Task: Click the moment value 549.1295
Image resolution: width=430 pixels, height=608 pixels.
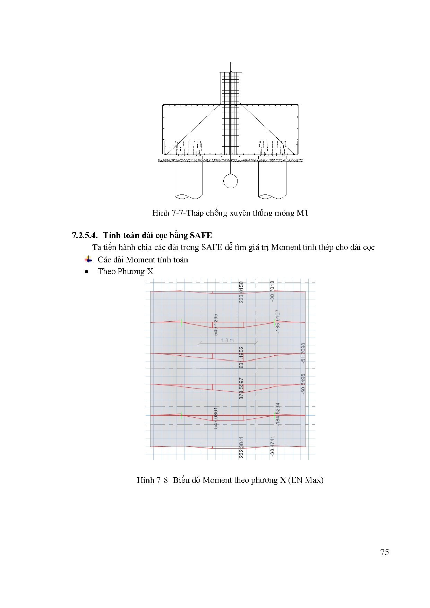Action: [x=216, y=325]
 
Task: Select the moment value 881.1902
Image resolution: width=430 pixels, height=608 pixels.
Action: [x=241, y=357]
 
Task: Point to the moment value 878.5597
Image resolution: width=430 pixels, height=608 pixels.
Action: [x=241, y=388]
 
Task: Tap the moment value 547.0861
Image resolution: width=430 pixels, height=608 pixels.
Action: [x=216, y=418]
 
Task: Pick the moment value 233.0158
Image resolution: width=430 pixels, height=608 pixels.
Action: [x=241, y=292]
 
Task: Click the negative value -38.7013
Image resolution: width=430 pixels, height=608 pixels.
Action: [x=272, y=291]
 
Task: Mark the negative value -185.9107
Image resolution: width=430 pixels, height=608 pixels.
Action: [x=277, y=322]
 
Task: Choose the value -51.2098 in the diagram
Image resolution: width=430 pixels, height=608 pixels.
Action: [x=303, y=353]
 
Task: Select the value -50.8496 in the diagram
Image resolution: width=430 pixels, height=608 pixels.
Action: [x=303, y=383]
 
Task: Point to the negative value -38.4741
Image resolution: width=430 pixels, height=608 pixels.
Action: [x=272, y=446]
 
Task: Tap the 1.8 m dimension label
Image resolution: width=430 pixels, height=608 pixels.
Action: [x=227, y=340]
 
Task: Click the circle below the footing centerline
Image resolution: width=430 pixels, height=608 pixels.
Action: [x=230, y=181]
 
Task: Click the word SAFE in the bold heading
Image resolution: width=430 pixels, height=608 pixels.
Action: [x=201, y=235]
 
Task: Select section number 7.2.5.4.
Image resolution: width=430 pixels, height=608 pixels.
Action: [x=85, y=235]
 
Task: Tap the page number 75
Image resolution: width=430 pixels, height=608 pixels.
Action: [x=385, y=552]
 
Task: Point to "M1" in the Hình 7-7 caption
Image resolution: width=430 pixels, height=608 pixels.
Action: [x=302, y=213]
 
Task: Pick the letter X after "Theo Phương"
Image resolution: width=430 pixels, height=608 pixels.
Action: [x=150, y=271]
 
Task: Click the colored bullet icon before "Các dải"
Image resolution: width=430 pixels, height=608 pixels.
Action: [x=88, y=259]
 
